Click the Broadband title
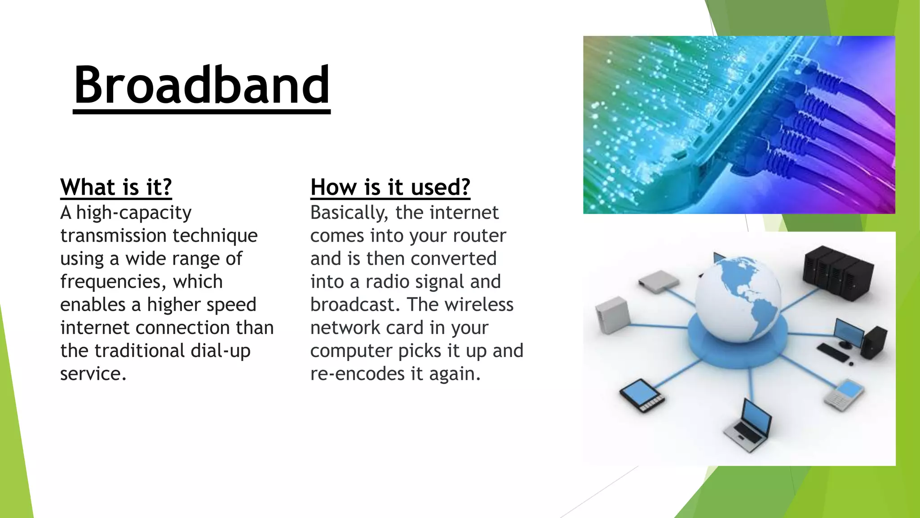202,85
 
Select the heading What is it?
116,187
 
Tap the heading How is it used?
390,187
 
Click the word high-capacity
134,213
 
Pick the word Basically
349,213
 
